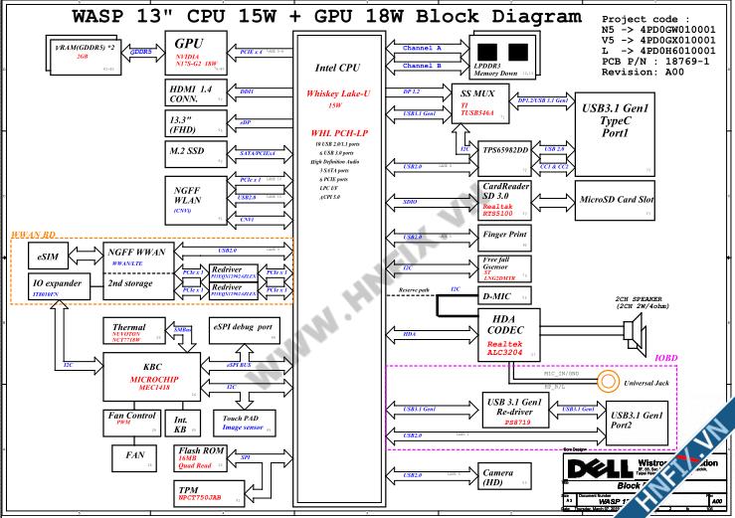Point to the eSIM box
coord(48,256)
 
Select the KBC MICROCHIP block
coord(151,379)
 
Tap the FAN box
coord(134,454)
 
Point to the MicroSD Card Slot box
coord(618,199)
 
